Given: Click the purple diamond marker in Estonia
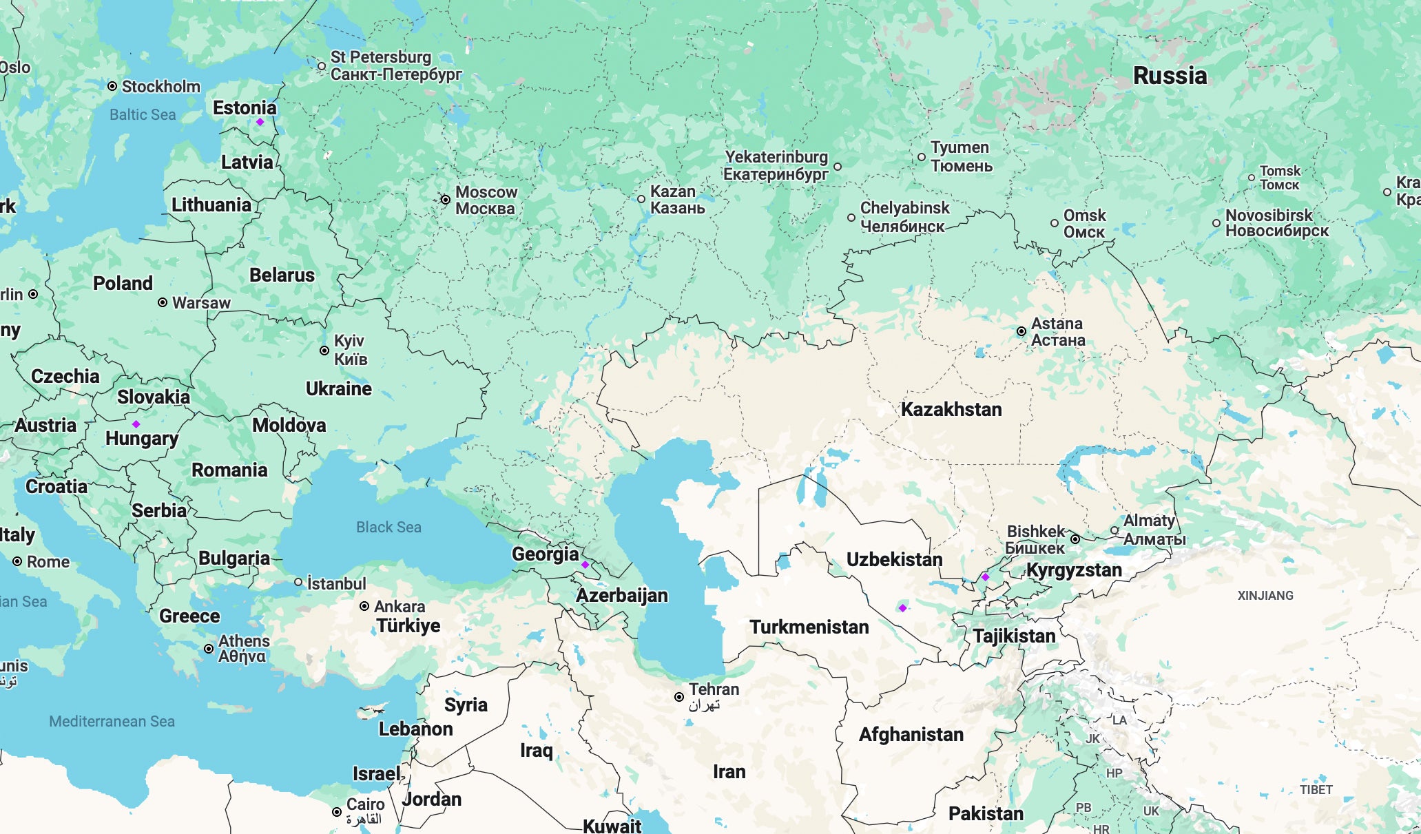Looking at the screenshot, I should (x=260, y=122).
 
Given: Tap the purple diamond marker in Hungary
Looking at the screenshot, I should (x=136, y=424).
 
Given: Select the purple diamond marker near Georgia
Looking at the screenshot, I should (x=585, y=565).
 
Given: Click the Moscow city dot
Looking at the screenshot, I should (x=446, y=200).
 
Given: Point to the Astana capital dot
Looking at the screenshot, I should (x=1021, y=331).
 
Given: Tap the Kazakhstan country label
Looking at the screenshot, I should (x=951, y=410).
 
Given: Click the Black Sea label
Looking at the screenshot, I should (x=388, y=528).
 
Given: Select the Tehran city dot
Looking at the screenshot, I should (x=679, y=697).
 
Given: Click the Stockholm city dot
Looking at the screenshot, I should (x=112, y=86).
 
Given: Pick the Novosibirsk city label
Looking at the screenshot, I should (x=1276, y=223).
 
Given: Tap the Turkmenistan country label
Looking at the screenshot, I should (x=809, y=627).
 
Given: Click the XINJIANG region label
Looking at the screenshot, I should (x=1265, y=596).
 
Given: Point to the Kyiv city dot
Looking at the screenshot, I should (x=324, y=351).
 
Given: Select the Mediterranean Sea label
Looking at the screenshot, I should (x=112, y=722).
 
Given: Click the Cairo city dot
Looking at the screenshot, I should (x=337, y=812).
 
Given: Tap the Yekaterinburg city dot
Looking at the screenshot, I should (x=838, y=167).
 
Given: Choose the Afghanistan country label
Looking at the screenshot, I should (x=911, y=735).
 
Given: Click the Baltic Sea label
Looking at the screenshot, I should (x=143, y=115).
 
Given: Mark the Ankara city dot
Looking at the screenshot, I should (x=364, y=607).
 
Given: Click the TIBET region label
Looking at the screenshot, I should (x=1316, y=790).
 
